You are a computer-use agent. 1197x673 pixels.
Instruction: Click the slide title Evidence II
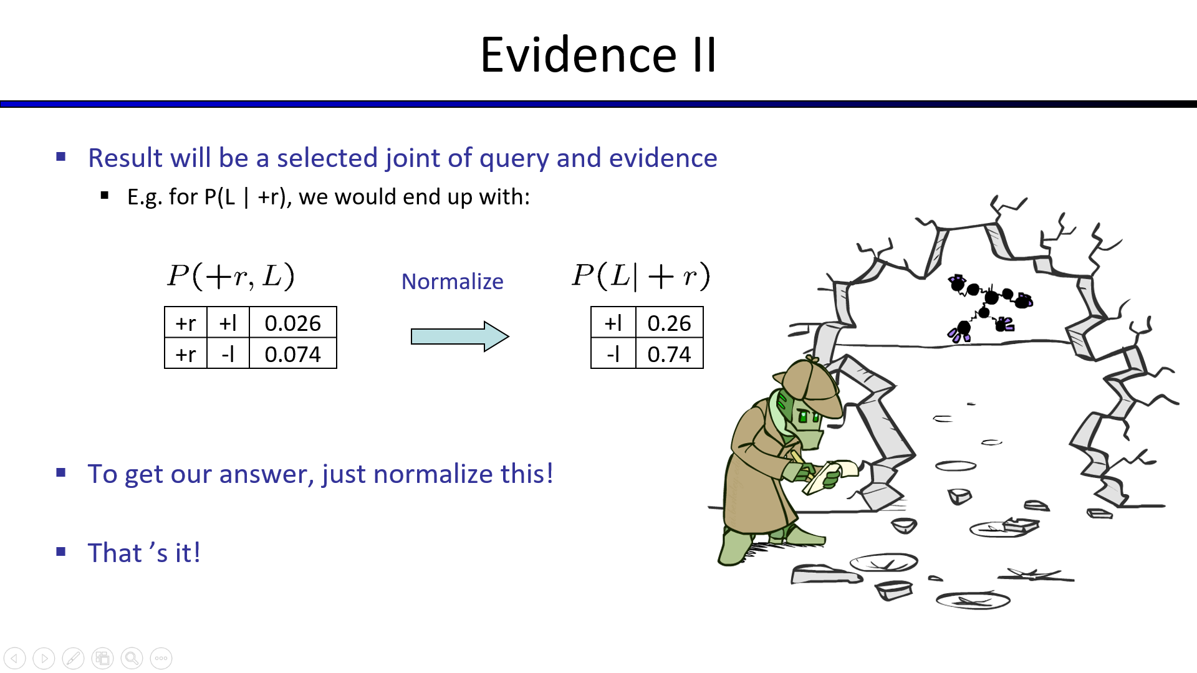(598, 55)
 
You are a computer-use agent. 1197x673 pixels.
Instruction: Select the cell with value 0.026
(293, 323)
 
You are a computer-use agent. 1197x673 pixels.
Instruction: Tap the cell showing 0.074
(293, 353)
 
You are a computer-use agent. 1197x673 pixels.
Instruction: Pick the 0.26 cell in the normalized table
(670, 323)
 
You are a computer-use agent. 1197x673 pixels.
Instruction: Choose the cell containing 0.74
(670, 353)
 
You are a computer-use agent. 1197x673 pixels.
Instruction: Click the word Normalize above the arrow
(452, 282)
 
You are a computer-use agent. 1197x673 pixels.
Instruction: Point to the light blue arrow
(460, 336)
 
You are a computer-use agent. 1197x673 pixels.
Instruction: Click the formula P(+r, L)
(231, 276)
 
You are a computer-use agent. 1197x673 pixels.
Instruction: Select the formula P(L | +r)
(641, 276)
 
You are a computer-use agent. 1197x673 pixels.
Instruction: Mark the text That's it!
(144, 553)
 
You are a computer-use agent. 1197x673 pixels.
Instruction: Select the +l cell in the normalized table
(613, 323)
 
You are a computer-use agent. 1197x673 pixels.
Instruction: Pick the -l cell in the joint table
(228, 353)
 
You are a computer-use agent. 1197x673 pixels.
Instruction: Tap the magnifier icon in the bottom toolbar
(132, 658)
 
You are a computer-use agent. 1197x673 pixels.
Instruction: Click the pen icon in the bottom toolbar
(73, 658)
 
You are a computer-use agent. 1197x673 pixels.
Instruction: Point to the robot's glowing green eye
(804, 416)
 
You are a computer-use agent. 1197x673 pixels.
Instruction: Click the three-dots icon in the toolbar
(161, 658)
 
